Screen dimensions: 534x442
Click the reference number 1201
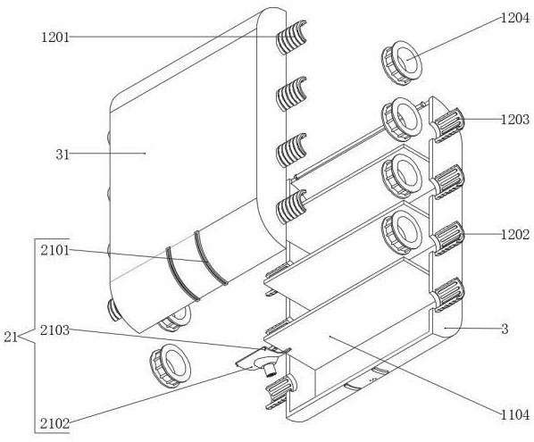click(55, 37)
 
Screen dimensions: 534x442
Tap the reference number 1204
click(514, 18)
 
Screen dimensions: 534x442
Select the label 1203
click(515, 120)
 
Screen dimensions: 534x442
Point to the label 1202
click(515, 235)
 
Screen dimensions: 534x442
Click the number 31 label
click(63, 155)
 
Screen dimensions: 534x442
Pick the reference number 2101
click(55, 251)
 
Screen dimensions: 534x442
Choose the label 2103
click(54, 330)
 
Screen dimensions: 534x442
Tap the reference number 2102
click(54, 424)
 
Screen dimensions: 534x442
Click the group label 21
click(11, 338)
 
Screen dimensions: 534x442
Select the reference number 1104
click(515, 414)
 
